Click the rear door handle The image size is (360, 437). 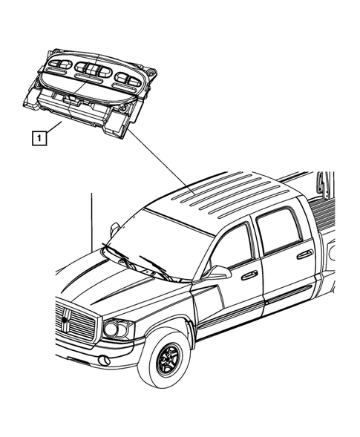point(304,254)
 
